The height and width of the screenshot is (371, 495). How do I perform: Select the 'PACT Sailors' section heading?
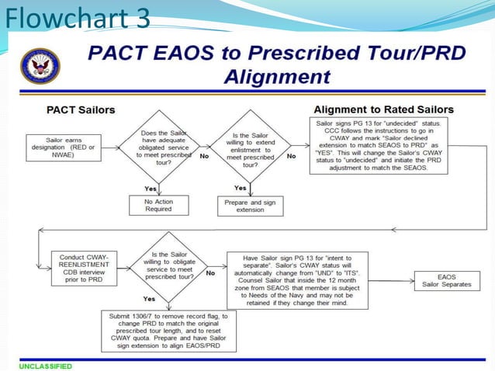(81, 109)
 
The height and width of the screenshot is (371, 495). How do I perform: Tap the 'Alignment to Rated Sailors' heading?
(384, 109)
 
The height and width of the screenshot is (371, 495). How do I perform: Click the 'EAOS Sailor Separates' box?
(448, 279)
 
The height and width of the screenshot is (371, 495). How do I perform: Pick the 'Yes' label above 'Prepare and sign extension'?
(241, 187)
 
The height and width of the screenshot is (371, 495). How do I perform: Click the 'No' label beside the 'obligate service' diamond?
(209, 273)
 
